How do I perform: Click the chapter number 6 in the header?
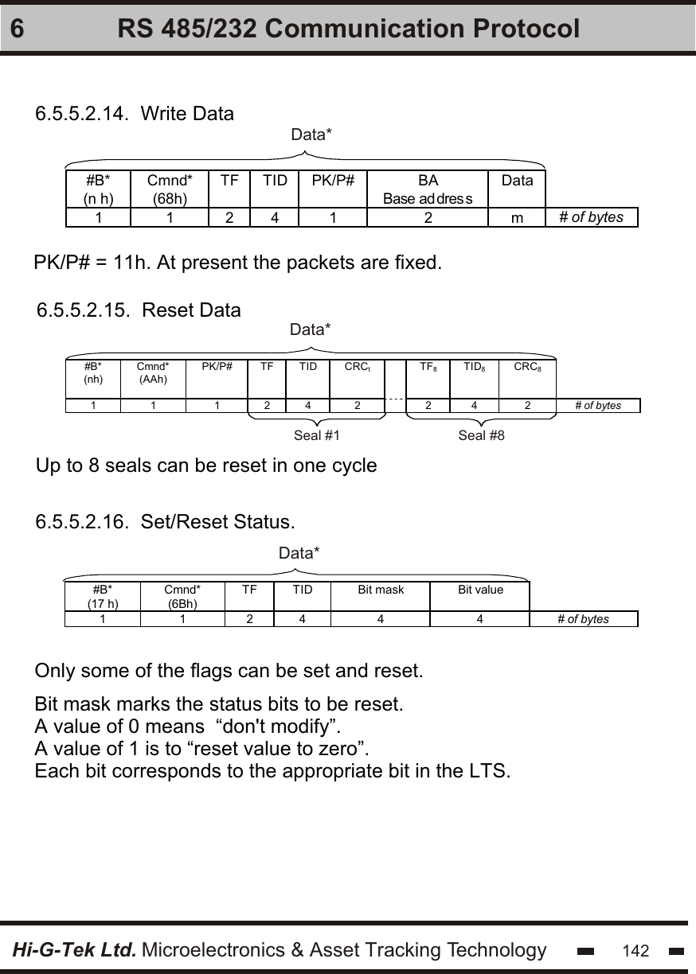19,29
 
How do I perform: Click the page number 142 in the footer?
635,951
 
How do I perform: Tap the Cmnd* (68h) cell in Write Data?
170,189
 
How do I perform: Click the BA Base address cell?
428,189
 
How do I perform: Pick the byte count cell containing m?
518,217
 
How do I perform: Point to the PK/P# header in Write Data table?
333,181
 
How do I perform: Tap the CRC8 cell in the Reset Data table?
528,368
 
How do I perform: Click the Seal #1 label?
317,435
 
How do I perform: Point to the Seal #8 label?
482,435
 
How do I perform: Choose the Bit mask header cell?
381,590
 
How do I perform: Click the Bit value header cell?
480,590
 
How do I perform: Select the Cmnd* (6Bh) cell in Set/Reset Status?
182,596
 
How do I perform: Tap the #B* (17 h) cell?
103,596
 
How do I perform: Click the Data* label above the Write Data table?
311,135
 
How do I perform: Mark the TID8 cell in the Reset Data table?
475,368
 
